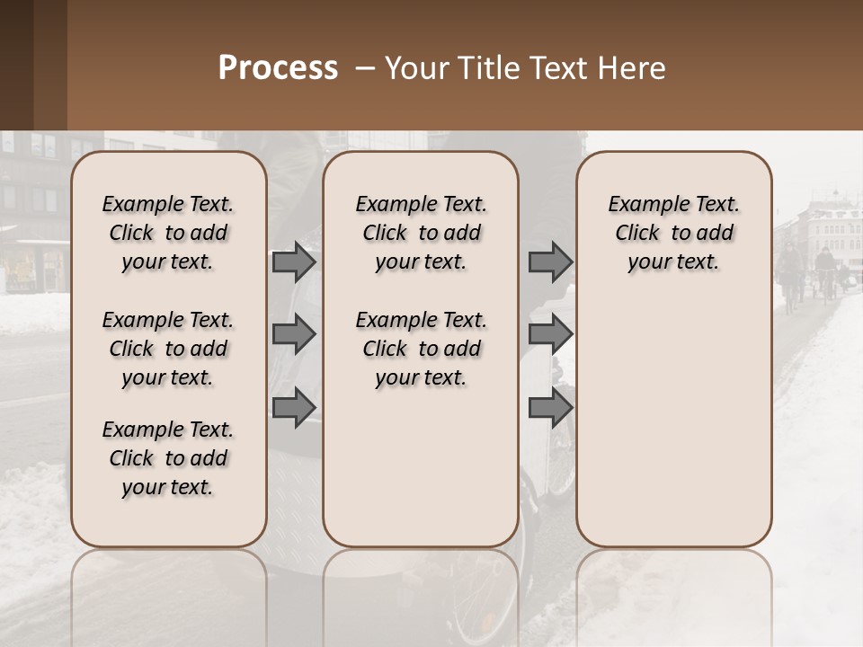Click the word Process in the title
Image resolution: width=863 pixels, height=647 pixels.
click(x=278, y=68)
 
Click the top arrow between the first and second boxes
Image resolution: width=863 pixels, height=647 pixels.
click(x=294, y=261)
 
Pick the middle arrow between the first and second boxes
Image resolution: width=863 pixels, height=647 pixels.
click(x=294, y=334)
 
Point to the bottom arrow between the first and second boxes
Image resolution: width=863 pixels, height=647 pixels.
click(x=294, y=407)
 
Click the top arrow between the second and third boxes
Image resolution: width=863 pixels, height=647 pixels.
click(x=550, y=261)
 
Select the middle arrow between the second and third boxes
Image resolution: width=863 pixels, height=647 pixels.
click(x=550, y=334)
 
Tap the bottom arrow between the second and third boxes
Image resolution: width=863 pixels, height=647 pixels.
click(x=550, y=407)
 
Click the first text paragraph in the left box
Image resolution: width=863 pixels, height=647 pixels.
click(x=168, y=233)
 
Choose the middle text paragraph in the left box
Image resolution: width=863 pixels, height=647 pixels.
click(x=168, y=349)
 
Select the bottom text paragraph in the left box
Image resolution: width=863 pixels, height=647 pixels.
click(x=168, y=458)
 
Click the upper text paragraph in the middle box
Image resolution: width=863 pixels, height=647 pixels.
click(x=421, y=233)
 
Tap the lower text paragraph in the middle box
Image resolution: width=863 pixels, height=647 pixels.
click(x=421, y=349)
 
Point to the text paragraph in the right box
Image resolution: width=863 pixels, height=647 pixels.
click(x=674, y=233)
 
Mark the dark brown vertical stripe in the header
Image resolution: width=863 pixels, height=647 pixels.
click(x=49, y=65)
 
